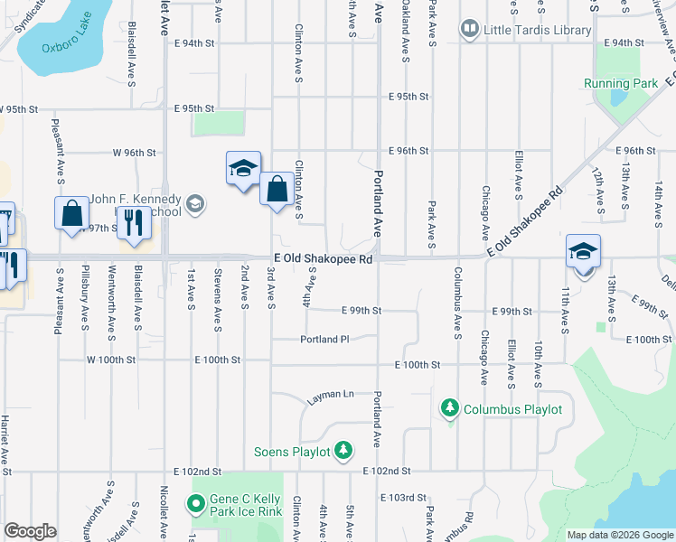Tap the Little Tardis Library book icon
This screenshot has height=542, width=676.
click(470, 30)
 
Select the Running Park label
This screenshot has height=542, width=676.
click(620, 83)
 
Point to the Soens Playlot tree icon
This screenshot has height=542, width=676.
click(343, 449)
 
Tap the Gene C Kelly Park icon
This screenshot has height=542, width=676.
click(196, 503)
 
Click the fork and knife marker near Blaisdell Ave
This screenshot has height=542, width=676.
click(134, 222)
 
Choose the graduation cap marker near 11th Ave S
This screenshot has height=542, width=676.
click(584, 251)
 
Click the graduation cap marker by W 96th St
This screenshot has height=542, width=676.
click(243, 168)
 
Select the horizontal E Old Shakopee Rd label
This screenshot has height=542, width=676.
click(324, 259)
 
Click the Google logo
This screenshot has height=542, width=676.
click(30, 531)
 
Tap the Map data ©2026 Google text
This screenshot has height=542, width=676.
click(620, 535)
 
